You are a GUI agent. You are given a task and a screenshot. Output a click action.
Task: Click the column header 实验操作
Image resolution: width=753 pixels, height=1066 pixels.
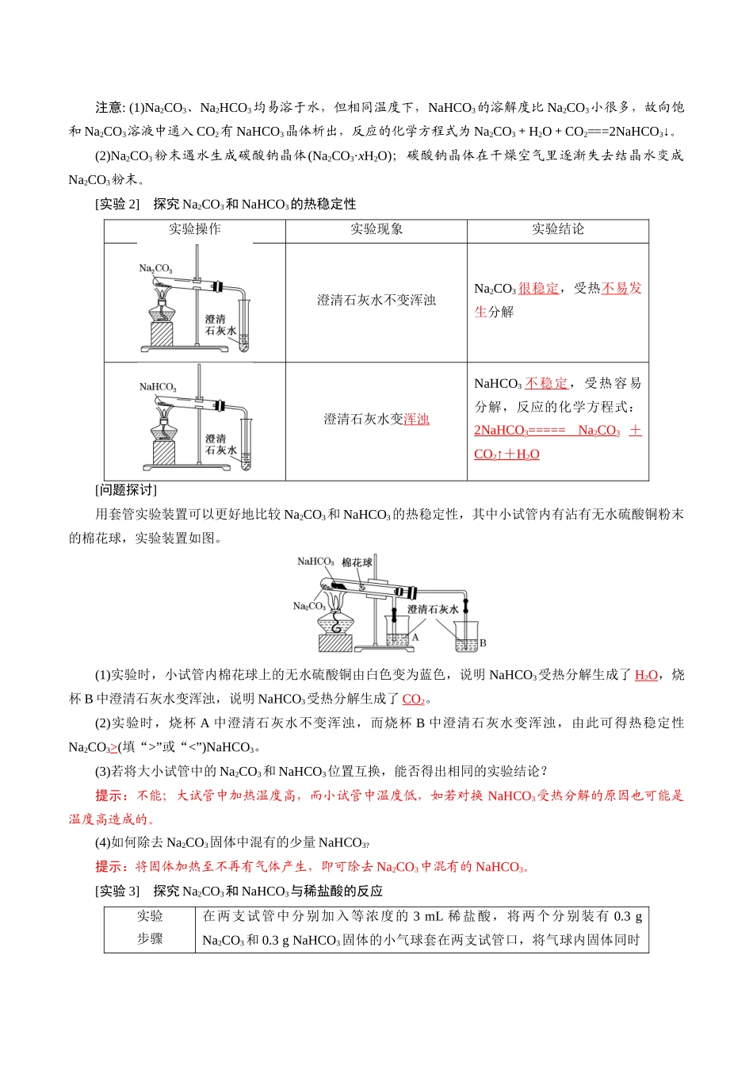pos(194,229)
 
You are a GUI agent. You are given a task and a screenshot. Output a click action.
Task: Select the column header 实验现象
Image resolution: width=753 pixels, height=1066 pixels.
pos(376,229)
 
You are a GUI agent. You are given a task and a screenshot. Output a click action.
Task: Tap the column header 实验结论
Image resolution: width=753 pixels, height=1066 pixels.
pos(557,229)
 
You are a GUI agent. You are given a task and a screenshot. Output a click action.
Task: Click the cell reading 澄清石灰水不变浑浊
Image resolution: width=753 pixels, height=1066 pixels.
pos(376,300)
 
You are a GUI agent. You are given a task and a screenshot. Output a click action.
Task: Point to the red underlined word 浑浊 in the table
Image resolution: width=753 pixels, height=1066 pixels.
pos(416,419)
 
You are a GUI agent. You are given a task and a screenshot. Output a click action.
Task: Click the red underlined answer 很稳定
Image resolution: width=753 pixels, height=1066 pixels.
pos(538,288)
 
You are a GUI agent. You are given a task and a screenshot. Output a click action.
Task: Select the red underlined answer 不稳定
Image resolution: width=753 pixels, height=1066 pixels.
pos(546,383)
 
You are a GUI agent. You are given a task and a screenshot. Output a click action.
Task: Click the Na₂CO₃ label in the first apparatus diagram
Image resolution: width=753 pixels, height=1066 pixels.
pos(155,269)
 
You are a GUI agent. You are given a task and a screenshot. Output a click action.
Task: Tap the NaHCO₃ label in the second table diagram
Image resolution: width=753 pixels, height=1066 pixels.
pos(158,387)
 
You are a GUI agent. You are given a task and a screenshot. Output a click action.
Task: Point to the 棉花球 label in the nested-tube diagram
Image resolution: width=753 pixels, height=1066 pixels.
pos(357,562)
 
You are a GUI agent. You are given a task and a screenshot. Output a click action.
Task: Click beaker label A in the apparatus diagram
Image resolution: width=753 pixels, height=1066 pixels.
pos(415,636)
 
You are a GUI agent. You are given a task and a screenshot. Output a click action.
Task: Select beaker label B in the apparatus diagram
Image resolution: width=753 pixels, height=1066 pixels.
pos(483,642)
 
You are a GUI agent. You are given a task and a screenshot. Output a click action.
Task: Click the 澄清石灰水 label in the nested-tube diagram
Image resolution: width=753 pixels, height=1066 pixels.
pos(433,609)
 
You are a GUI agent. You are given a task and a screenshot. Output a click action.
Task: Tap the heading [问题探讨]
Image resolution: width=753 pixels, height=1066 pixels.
pos(126,490)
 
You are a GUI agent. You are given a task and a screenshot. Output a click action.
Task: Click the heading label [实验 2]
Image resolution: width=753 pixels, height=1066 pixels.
pos(117,205)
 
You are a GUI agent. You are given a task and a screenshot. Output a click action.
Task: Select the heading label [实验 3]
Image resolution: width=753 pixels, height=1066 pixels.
pos(117,892)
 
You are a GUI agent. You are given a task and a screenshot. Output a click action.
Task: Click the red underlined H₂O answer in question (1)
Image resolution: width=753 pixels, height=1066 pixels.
pos(646,675)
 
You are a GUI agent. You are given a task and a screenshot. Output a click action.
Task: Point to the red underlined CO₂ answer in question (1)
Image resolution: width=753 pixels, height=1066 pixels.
pos(413,699)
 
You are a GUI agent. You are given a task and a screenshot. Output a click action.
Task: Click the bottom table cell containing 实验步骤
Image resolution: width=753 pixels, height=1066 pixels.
pos(150,927)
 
